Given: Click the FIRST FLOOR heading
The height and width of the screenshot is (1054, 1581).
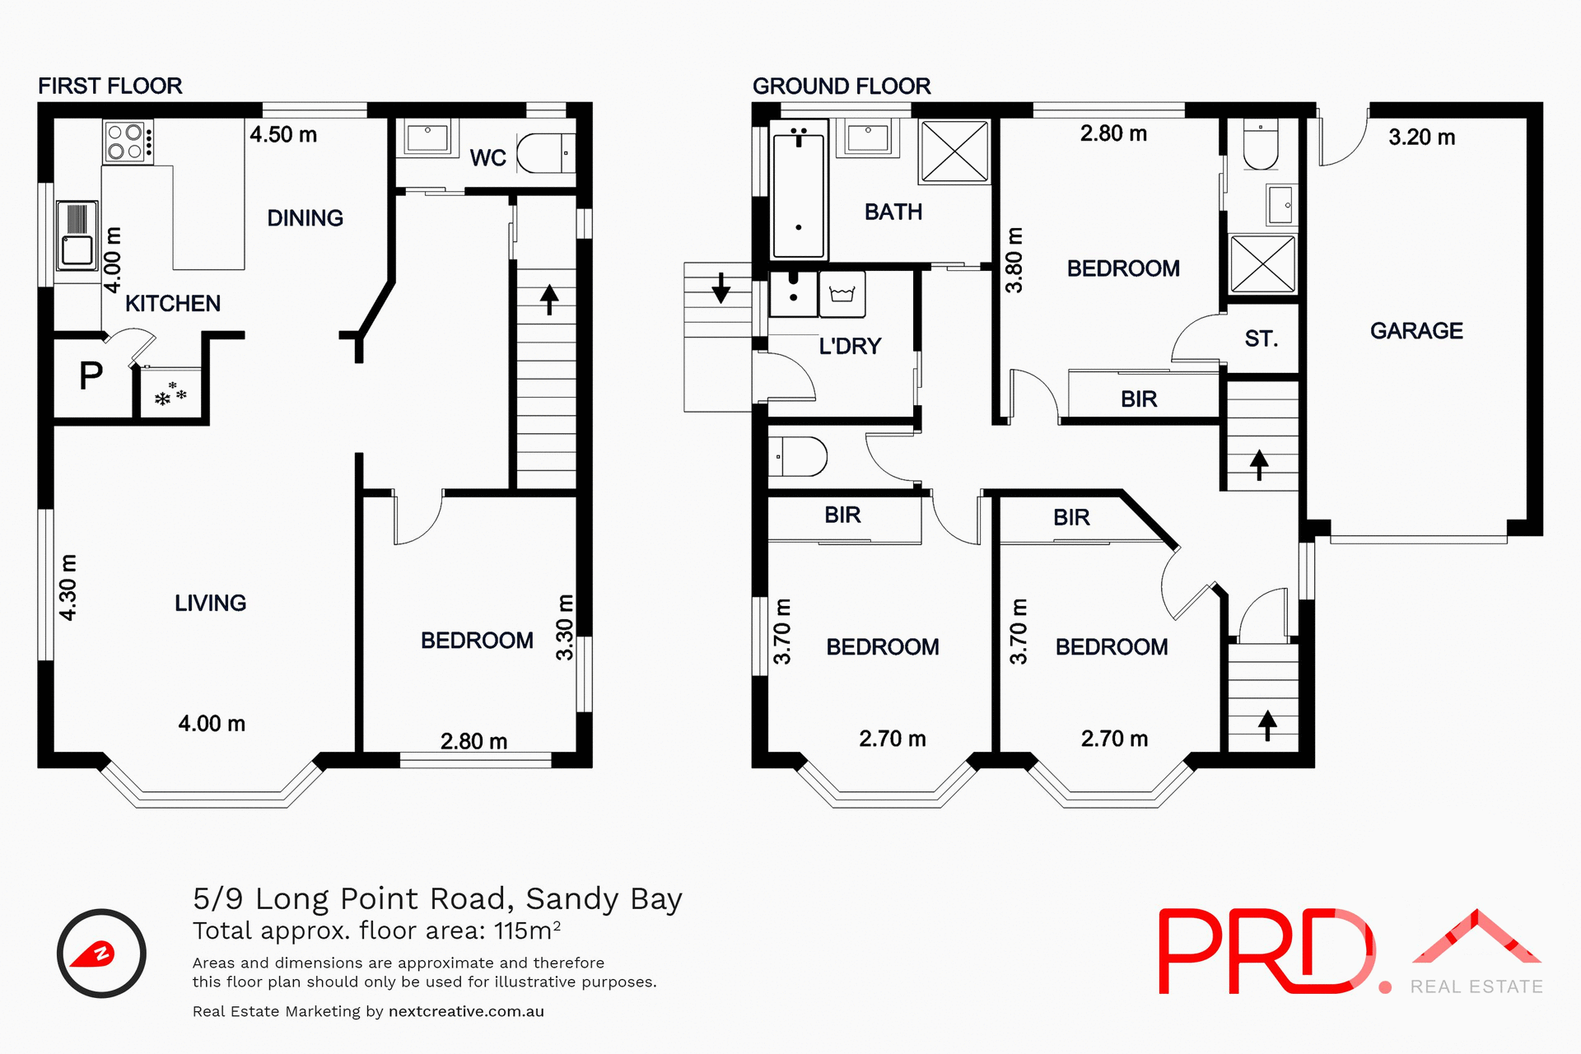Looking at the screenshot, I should pos(110,86).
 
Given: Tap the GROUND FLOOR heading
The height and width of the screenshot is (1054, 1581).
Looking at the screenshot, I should pos(841,86).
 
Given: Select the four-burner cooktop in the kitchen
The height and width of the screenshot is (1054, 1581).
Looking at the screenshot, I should pos(127,142).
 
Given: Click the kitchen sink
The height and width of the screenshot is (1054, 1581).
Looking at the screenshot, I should pos(77,236).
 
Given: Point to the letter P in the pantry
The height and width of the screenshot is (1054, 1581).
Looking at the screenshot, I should pos(91,376).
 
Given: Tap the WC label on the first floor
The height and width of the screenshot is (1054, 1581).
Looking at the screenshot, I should pos(487,157).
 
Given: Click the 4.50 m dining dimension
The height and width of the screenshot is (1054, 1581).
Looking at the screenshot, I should pos(283,134).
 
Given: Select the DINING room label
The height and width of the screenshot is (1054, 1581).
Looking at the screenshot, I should pos(305,218).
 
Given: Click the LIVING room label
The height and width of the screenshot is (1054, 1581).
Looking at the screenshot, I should pos(210,603).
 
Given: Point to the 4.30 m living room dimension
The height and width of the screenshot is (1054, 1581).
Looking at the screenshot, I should pos(68,587).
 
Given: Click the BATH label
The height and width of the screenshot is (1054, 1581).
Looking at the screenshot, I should pos(893,212).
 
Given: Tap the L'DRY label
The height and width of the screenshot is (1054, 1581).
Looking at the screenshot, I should pos(850,346).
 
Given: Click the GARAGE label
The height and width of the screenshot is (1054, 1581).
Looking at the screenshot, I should pos(1416,331).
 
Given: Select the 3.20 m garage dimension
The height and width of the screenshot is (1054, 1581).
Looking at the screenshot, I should pos(1421,137).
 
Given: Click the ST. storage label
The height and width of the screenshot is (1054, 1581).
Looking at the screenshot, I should pos(1261,338).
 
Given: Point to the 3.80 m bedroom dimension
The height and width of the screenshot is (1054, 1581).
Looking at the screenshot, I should pos(1014,260).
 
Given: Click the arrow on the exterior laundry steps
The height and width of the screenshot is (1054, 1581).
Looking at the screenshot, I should pos(721,287).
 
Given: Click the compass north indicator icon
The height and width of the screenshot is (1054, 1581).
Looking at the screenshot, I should pos(101,954).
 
